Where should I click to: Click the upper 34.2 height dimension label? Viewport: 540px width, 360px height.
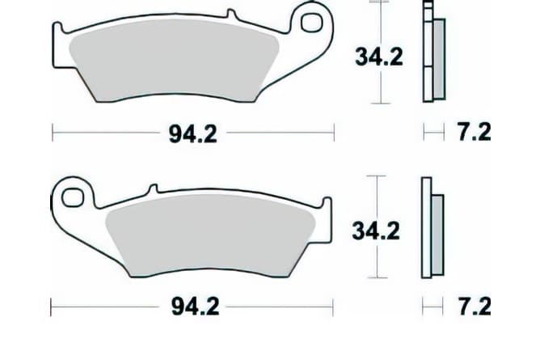pyautogui.click(x=378, y=57)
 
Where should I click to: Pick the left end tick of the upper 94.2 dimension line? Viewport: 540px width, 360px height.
pyautogui.click(x=53, y=131)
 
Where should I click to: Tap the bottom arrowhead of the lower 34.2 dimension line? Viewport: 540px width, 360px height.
pyautogui.click(x=376, y=274)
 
